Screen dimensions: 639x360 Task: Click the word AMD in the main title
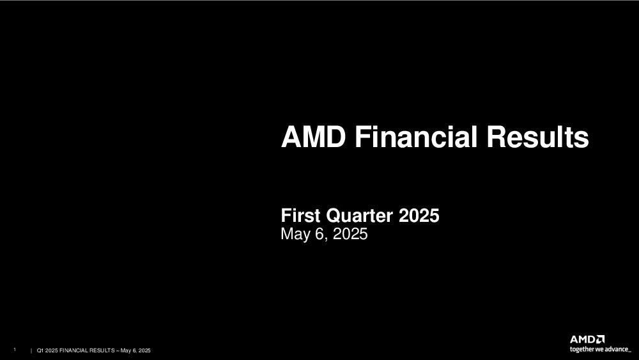pos(313,137)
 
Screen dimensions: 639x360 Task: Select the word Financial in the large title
pos(416,137)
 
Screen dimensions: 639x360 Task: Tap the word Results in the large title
pos(538,137)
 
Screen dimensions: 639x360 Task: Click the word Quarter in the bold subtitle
pos(360,215)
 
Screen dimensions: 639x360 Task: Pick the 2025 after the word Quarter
pos(419,215)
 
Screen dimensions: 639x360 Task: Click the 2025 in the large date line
pos(350,233)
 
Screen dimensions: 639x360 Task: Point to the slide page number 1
pos(15,350)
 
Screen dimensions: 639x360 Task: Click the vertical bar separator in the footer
pos(31,350)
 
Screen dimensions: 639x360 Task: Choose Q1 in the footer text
pos(40,350)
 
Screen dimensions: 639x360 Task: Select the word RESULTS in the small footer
pos(102,350)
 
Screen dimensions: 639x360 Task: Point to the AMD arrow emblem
pos(601,339)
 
